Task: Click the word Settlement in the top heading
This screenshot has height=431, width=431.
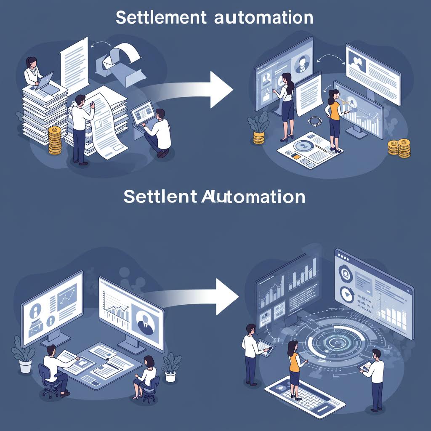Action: pyautogui.click(x=161, y=18)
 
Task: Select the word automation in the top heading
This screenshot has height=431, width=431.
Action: pyautogui.click(x=263, y=18)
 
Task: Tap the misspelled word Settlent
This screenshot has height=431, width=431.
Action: pyautogui.click(x=160, y=197)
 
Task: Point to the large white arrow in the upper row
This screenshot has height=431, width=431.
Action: pyautogui.click(x=198, y=89)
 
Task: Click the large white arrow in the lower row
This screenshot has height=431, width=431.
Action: pyautogui.click(x=198, y=296)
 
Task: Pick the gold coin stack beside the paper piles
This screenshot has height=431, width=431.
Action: pyautogui.click(x=55, y=140)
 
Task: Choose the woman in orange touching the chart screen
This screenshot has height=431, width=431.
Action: pyautogui.click(x=335, y=118)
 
